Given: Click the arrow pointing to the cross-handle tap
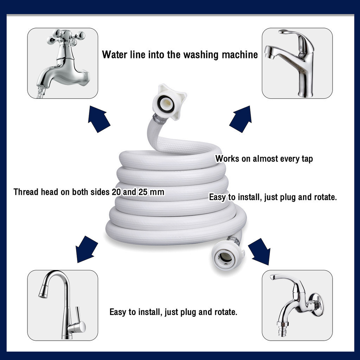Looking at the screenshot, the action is coord(99,119).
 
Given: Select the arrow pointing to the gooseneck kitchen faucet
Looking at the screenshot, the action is coord(86,249).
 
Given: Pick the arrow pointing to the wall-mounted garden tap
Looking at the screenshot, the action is coord(259,251).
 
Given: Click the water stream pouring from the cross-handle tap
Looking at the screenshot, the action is coord(40,92).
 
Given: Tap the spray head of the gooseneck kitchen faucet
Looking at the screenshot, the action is coord(43,291).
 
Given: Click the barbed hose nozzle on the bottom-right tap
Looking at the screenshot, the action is coord(283,329).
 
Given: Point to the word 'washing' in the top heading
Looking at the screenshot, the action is coord(201,55).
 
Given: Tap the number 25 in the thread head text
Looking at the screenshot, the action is coord(143,192).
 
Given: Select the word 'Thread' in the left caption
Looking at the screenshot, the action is coord(26,192).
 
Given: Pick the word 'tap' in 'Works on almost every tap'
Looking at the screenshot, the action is coord(307,159).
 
